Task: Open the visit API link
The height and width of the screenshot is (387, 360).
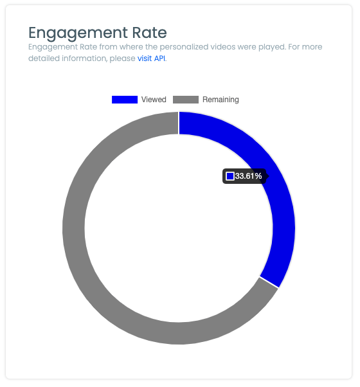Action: point(151,59)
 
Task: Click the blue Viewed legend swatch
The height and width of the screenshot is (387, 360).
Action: point(124,100)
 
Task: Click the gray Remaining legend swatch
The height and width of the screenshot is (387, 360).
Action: point(186,100)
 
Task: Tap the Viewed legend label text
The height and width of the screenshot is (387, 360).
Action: point(154,100)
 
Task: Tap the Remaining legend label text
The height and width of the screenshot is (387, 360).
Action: point(221,100)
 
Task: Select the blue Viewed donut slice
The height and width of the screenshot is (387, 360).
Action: point(280,212)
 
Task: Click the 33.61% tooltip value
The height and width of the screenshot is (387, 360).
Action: point(248,176)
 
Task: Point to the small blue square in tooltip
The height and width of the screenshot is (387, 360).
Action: point(230,176)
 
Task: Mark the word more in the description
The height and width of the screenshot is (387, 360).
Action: point(312,48)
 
